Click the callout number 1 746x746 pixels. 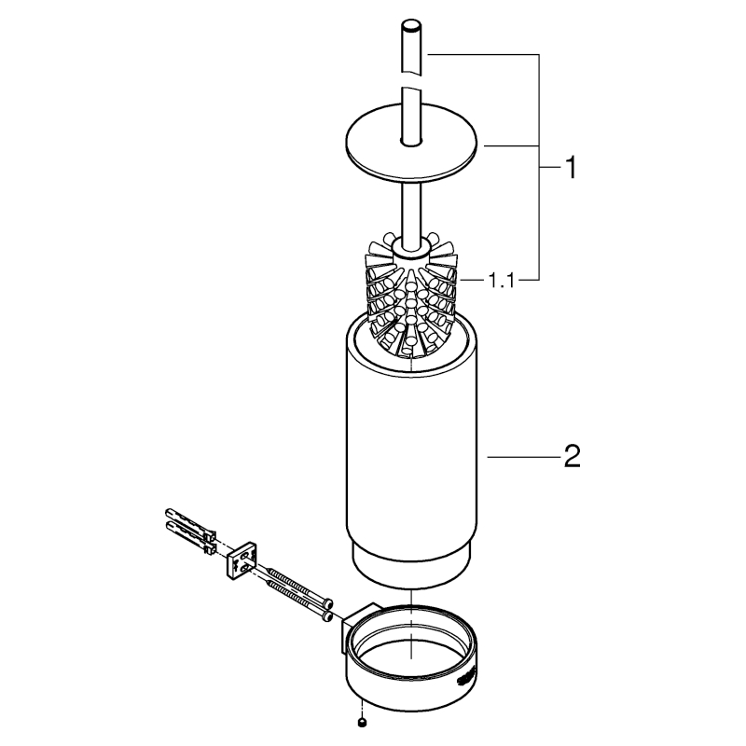point(571,168)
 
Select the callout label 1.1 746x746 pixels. point(502,281)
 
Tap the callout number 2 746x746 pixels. point(572,456)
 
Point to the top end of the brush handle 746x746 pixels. point(411,24)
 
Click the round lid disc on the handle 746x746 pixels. point(411,142)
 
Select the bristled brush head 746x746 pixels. point(410,295)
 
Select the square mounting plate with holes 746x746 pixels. point(242,561)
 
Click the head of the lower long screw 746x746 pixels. point(326,615)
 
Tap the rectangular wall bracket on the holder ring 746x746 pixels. point(358,628)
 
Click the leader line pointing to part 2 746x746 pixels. point(523,457)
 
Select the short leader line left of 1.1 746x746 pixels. point(471,281)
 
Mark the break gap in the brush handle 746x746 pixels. point(411,80)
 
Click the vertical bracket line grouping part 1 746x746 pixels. point(539,167)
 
